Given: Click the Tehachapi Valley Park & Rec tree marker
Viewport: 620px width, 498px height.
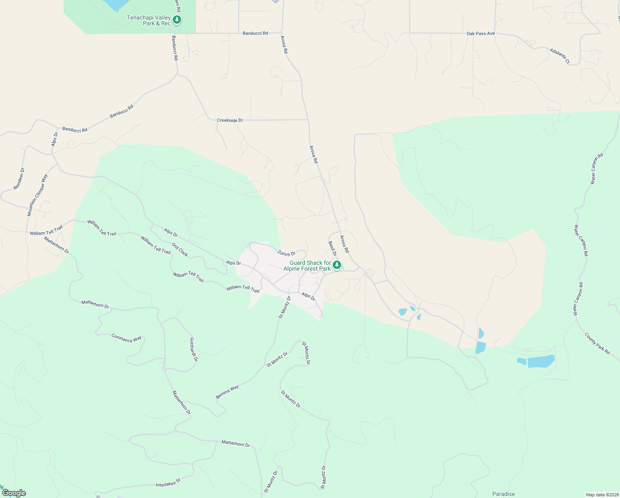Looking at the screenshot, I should (x=177, y=20).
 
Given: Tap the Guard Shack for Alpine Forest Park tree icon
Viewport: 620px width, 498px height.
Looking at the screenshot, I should (x=337, y=265).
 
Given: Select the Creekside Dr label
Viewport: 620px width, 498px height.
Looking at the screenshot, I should (x=230, y=120).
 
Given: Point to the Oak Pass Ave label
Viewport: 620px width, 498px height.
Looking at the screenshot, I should (x=480, y=34).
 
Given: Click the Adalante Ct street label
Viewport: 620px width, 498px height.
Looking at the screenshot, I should (x=559, y=56).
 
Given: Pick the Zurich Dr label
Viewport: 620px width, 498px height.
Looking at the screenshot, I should (x=286, y=253).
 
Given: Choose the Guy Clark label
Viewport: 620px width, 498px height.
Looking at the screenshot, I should (x=180, y=250).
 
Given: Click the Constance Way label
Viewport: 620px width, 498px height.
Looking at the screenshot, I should (x=126, y=338).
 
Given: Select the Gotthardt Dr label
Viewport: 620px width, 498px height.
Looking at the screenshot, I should (x=193, y=349).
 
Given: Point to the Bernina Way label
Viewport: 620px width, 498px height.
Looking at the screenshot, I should (x=227, y=392).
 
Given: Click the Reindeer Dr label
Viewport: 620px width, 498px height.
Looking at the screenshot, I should (x=19, y=179).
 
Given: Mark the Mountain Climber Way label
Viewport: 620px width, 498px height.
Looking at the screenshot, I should (x=37, y=195).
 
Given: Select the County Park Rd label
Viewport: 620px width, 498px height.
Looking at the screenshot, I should (x=597, y=343).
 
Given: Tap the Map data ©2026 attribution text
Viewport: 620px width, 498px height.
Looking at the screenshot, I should (x=602, y=495).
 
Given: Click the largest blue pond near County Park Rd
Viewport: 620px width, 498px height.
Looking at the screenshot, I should (x=540, y=361).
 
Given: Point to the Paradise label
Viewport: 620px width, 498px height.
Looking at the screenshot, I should (x=504, y=494).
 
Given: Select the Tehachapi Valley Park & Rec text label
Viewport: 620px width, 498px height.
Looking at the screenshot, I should (x=148, y=20).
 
